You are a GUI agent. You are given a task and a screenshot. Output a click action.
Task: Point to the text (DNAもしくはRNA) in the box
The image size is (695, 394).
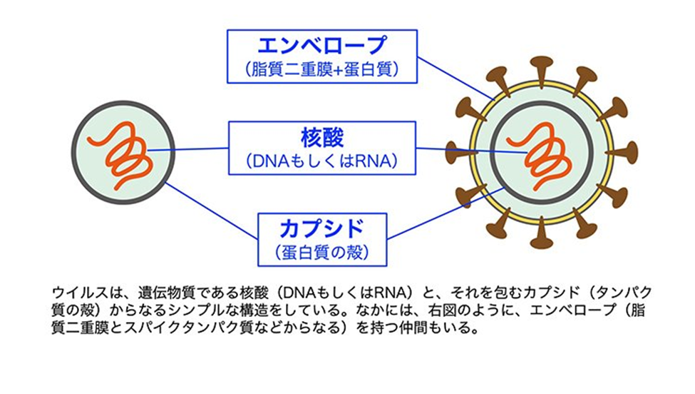(321, 161)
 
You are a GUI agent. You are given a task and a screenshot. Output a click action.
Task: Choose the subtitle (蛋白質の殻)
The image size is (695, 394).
(322, 252)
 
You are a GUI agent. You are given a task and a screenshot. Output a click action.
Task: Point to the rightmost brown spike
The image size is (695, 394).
(629, 151)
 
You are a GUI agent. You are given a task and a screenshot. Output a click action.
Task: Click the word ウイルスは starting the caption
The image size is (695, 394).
(78, 293)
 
